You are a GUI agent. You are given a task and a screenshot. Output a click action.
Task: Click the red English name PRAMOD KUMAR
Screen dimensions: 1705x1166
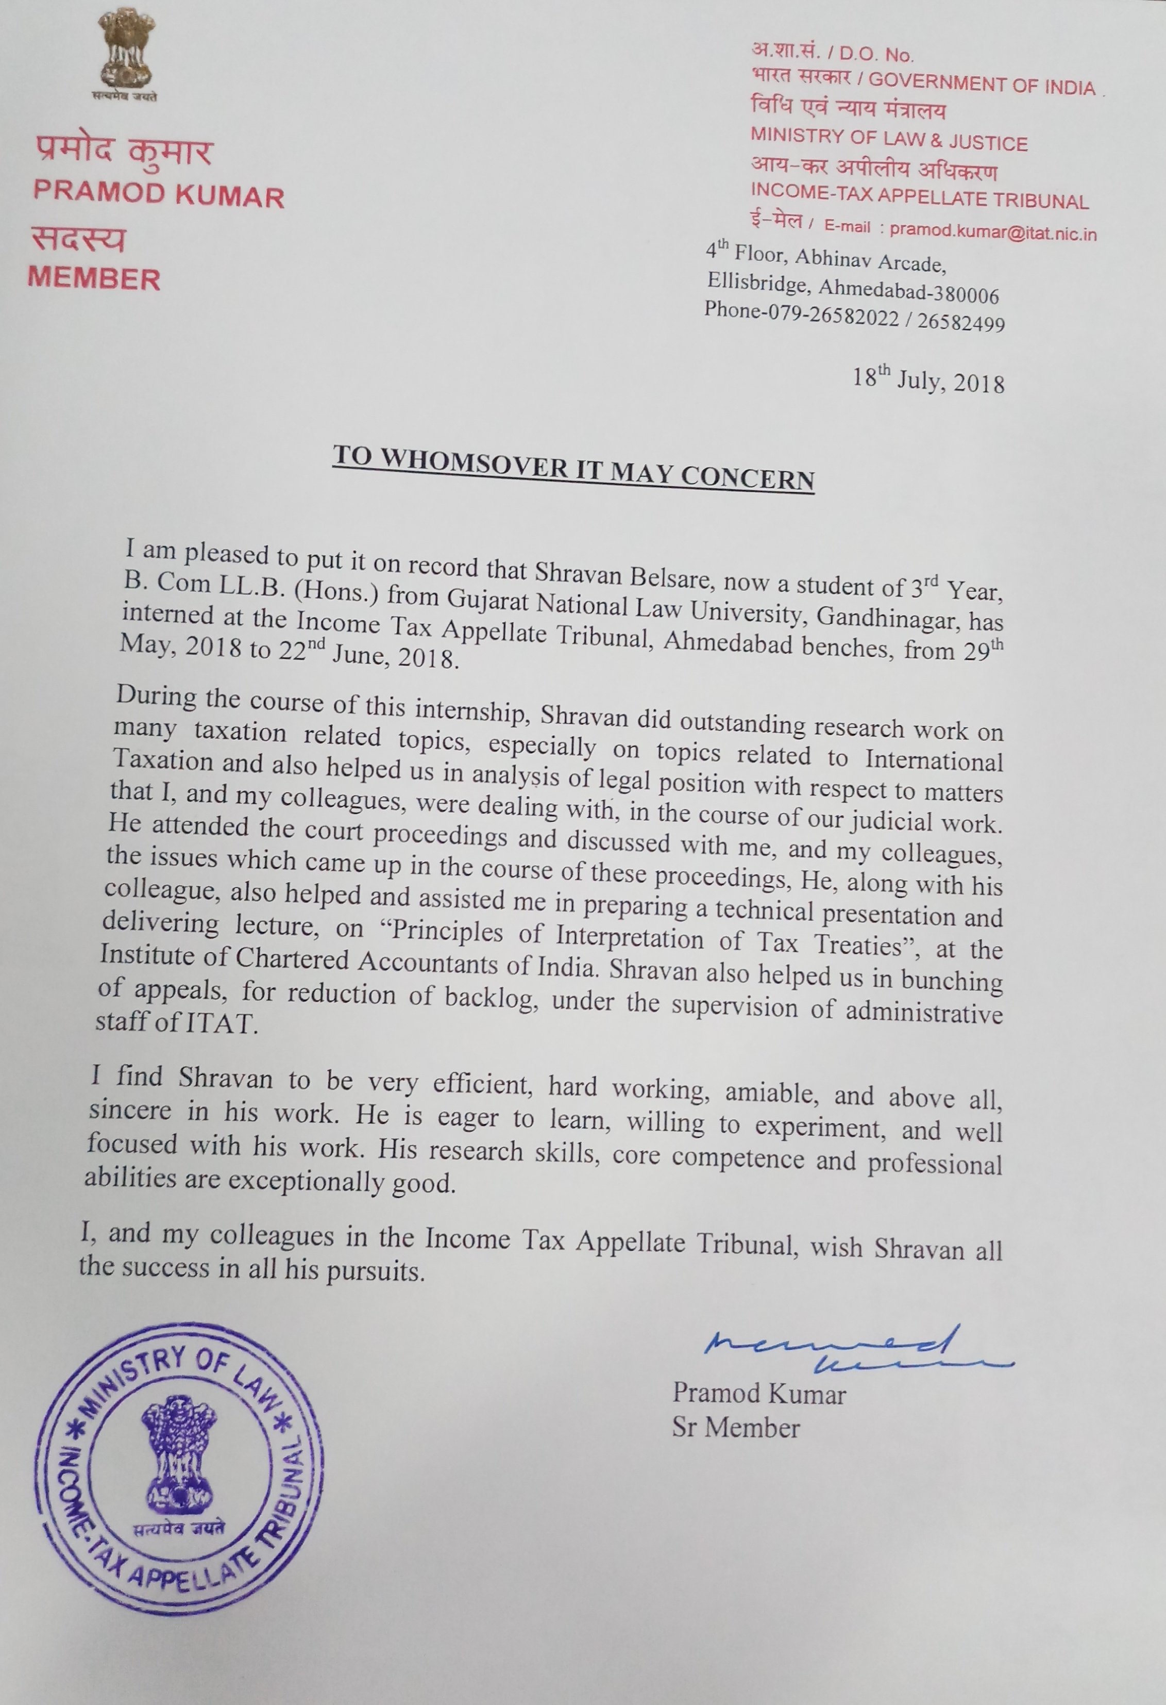pyautogui.click(x=158, y=194)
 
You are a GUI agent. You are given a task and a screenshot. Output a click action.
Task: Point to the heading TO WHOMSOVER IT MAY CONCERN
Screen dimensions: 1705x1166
pyautogui.click(x=573, y=467)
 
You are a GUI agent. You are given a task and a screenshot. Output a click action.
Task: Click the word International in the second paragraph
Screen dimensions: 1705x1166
pyautogui.click(x=934, y=758)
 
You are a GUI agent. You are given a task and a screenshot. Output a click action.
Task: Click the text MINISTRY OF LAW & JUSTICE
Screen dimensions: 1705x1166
pyautogui.click(x=889, y=139)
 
